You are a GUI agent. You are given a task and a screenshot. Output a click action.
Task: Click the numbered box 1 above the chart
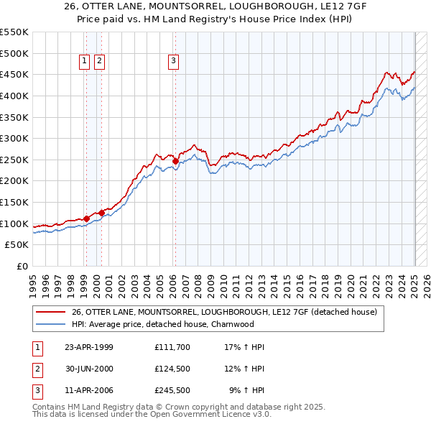click(x=85, y=62)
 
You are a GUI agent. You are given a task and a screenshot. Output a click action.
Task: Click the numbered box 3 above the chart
click(x=174, y=62)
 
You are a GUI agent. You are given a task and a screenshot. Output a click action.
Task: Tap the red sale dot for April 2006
click(x=175, y=162)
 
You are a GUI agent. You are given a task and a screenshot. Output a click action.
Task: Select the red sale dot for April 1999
click(x=86, y=218)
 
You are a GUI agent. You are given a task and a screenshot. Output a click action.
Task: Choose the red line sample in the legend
click(x=51, y=313)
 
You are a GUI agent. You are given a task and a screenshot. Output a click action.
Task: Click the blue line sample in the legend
click(x=51, y=324)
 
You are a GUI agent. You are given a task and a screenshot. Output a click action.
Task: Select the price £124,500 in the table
click(x=171, y=369)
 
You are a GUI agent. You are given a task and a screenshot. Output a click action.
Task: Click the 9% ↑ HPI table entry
click(x=247, y=391)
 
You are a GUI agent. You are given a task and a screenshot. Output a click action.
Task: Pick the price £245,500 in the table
click(x=171, y=391)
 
